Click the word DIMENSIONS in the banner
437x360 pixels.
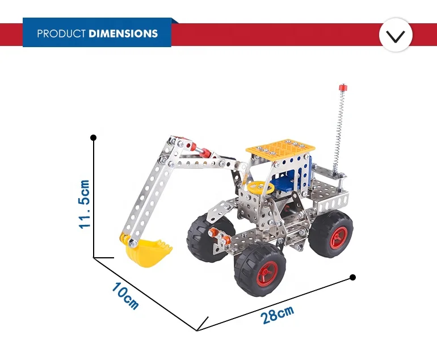[123, 34]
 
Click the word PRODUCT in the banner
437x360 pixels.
[61, 34]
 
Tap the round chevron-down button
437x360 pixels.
[396, 35]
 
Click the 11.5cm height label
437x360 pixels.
[84, 204]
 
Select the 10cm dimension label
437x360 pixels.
[125, 296]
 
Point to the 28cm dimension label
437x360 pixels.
[278, 314]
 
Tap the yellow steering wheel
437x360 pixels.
[259, 187]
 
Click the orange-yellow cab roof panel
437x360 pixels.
[280, 148]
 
